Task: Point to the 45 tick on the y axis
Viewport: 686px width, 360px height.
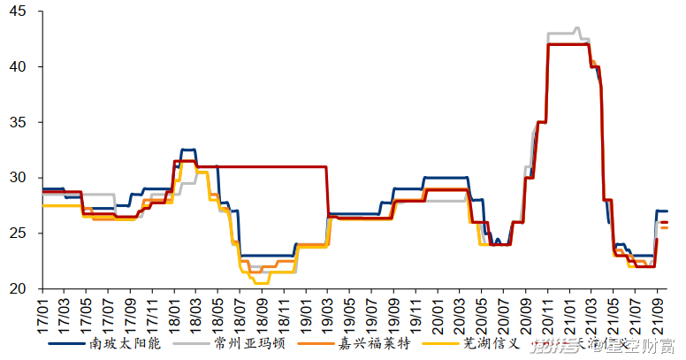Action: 19,11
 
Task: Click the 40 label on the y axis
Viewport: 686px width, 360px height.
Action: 19,67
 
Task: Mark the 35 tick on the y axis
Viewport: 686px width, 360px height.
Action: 19,122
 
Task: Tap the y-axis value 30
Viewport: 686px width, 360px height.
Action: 19,178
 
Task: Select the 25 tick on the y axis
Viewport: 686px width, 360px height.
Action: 19,234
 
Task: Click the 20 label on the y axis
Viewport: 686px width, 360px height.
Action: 19,288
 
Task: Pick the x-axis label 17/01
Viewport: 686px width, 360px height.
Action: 42,311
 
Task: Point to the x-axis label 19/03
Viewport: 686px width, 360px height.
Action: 326,311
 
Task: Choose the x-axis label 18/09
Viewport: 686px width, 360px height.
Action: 261,311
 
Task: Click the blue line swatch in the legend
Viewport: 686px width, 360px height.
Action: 67,342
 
